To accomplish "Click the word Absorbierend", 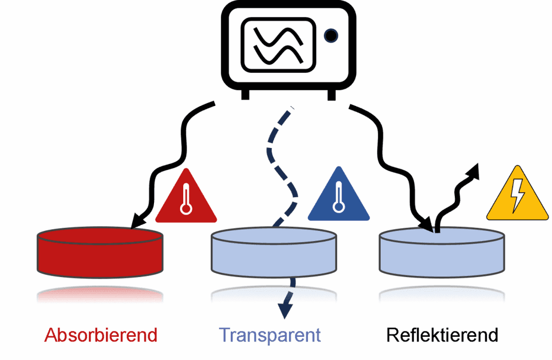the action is click(x=100, y=335).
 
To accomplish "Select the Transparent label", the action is click(x=270, y=336).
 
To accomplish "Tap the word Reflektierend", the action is click(x=442, y=335).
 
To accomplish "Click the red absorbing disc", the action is click(x=100, y=252).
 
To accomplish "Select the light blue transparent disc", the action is click(x=274, y=252).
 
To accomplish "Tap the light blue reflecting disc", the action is click(x=442, y=252).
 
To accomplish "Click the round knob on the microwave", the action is click(x=331, y=35).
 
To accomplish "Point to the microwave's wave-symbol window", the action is click(x=278, y=45).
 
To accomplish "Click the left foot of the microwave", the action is click(x=246, y=94).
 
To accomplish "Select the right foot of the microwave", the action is click(x=331, y=94).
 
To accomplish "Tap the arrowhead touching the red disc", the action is click(x=137, y=221).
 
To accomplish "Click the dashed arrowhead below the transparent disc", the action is click(x=285, y=310).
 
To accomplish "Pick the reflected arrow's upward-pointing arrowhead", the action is click(x=473, y=171).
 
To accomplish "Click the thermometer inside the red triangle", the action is click(x=186, y=199).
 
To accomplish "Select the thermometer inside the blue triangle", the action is click(x=339, y=197).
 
